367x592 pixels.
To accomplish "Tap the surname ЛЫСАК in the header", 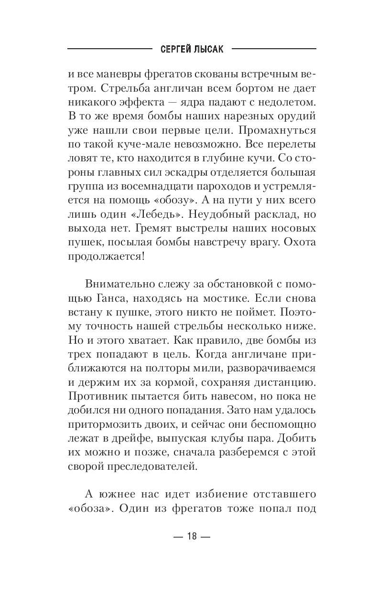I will pos(210,49).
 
